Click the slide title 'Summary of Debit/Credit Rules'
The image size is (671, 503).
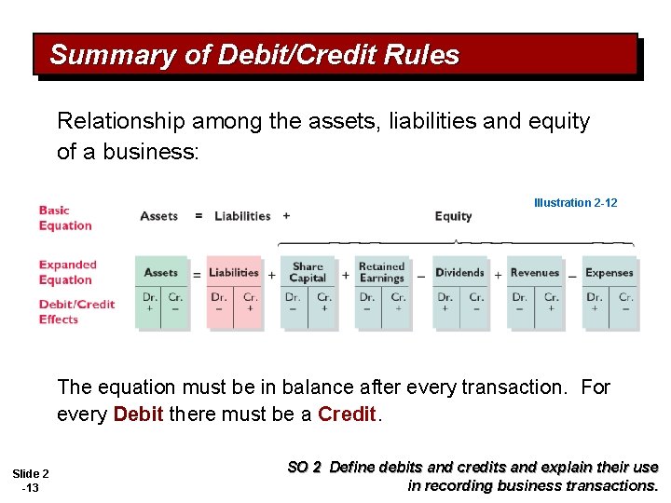254,55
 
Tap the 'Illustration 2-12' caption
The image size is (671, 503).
575,202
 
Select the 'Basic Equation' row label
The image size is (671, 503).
65,218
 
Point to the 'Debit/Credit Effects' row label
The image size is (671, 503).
76,311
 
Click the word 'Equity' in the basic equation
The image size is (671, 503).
453,216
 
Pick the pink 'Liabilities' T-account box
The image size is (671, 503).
234,292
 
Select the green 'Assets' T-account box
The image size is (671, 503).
161,292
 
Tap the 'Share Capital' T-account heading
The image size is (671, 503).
308,272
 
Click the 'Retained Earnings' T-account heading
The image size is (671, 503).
382,272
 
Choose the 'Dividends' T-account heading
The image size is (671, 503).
459,273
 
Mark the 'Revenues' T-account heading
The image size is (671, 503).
535,273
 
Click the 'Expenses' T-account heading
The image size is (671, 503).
609,273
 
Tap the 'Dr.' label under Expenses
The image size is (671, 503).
594,298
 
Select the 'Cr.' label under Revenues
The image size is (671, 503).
551,298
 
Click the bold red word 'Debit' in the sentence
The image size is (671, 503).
139,414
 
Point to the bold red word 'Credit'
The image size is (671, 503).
347,414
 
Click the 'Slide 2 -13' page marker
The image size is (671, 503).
32,481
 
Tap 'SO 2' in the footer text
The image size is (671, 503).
304,468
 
